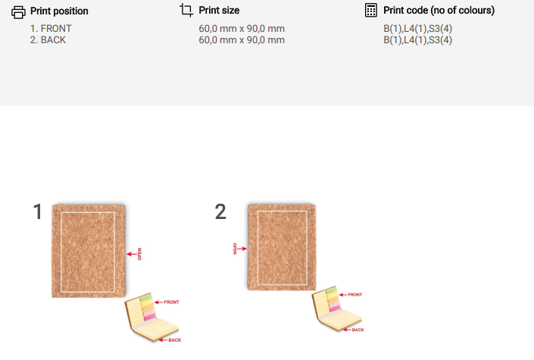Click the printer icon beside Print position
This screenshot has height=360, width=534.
(x=18, y=12)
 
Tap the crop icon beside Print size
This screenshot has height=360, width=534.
(x=186, y=10)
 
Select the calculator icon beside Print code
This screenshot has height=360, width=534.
(x=371, y=10)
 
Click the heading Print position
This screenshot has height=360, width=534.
(x=59, y=11)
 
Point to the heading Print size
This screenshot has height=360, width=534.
(x=219, y=10)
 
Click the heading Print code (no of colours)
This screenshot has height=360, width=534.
(x=439, y=10)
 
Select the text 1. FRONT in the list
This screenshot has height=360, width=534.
(x=51, y=28)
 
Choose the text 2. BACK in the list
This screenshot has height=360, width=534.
(x=48, y=40)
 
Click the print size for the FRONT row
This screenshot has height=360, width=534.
(x=242, y=29)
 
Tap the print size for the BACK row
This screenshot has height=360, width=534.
(x=242, y=40)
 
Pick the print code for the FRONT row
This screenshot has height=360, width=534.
(x=418, y=29)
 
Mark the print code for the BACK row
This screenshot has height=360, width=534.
(x=418, y=40)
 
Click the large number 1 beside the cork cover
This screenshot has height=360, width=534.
(x=38, y=211)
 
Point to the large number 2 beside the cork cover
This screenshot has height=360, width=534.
(x=220, y=211)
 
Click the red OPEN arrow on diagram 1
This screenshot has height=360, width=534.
(x=132, y=254)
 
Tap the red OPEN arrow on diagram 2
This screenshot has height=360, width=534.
(x=242, y=249)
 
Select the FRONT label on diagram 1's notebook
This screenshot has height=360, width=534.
(x=171, y=302)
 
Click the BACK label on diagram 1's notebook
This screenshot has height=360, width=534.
(x=175, y=340)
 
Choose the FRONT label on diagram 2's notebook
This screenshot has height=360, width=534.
(x=355, y=295)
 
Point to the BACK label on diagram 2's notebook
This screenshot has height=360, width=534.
(x=358, y=330)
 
